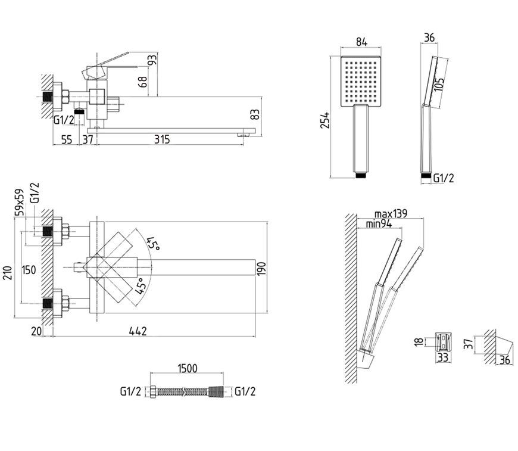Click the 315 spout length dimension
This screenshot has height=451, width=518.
pyautogui.click(x=162, y=139)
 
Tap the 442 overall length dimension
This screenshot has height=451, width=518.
pyautogui.click(x=138, y=331)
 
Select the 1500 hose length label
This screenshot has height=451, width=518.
pyautogui.click(x=188, y=368)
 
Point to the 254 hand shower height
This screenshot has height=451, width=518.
pyautogui.click(x=325, y=120)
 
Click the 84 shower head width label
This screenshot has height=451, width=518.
pyautogui.click(x=361, y=42)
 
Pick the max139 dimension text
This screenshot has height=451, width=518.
pyautogui.click(x=391, y=214)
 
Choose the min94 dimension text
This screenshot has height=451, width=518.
pyautogui.click(x=379, y=224)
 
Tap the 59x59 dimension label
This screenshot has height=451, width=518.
pyautogui.click(x=19, y=202)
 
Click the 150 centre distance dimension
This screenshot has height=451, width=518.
pyautogui.click(x=29, y=270)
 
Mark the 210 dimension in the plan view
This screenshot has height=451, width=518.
pyautogui.click(x=8, y=273)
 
